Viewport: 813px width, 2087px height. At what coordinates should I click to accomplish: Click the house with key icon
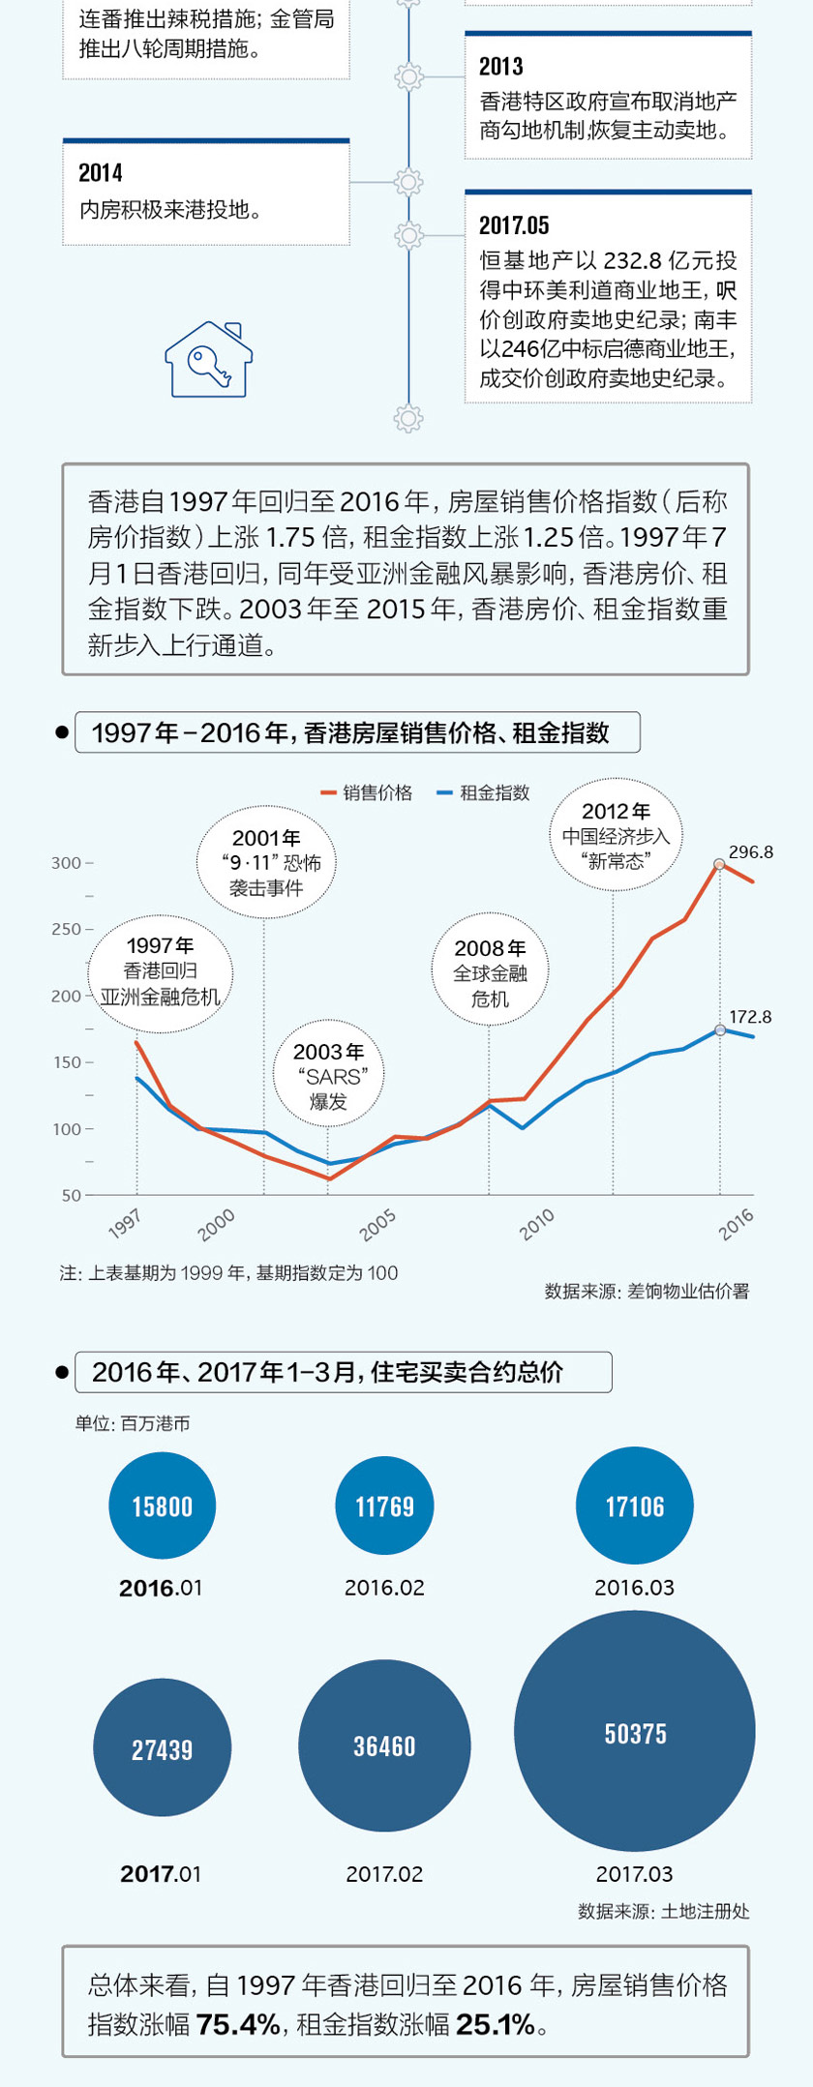(x=208, y=360)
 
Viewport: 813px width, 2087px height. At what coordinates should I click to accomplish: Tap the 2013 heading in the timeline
(x=501, y=67)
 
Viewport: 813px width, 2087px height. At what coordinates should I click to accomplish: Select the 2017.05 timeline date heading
(x=514, y=225)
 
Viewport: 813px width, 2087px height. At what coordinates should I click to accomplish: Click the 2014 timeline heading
(x=101, y=173)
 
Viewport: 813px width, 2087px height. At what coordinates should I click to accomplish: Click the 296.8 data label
(x=750, y=852)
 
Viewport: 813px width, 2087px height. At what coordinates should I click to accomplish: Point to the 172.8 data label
(x=750, y=1017)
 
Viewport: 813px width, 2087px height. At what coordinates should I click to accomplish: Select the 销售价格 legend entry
(x=368, y=793)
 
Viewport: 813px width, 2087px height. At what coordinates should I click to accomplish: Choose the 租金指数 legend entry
(x=485, y=793)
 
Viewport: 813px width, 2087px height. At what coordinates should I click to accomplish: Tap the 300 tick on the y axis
(x=67, y=863)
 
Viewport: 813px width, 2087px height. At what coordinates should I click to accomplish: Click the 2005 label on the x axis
(x=377, y=1225)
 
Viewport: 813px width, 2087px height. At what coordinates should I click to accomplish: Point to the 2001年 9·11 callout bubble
(x=266, y=862)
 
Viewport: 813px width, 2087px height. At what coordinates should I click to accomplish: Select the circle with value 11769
(x=384, y=1506)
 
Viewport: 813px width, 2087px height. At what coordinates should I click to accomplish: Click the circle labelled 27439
(x=162, y=1749)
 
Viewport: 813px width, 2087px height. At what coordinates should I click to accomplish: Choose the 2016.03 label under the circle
(x=634, y=1588)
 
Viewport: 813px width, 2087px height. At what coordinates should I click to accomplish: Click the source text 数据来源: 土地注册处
(x=663, y=1911)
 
